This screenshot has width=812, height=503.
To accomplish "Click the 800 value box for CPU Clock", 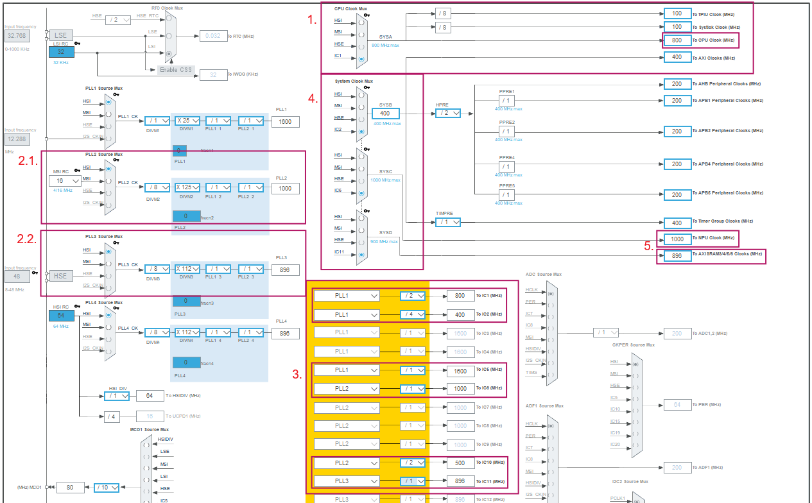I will point(677,40).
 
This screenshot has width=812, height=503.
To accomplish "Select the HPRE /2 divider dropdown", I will point(448,113).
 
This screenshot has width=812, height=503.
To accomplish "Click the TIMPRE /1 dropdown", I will point(448,222).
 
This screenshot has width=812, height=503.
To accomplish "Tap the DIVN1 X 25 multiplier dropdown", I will point(187,121).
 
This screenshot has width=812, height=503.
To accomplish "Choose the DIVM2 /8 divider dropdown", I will point(157,188).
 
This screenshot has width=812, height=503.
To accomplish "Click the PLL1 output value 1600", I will point(285,121).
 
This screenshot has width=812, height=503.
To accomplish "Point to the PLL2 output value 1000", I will point(285,189).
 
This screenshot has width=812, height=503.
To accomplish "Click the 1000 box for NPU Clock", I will point(677,239).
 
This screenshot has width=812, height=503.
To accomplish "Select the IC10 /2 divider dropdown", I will point(412,463).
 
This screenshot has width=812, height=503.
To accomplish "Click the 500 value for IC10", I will point(460,463).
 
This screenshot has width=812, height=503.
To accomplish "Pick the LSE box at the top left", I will point(60,35).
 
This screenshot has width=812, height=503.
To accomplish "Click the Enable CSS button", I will point(176,69).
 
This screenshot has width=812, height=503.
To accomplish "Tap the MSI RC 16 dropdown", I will point(65,181).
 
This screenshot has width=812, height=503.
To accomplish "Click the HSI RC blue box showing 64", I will point(60,315).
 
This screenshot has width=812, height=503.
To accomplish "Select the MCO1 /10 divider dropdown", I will point(107,488).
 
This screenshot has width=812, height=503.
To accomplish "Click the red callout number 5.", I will point(648,245).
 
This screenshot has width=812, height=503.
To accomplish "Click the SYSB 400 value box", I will point(386,114).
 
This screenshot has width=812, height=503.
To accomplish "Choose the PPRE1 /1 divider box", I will point(506,101).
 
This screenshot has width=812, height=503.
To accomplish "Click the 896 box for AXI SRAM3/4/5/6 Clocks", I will point(677,256).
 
